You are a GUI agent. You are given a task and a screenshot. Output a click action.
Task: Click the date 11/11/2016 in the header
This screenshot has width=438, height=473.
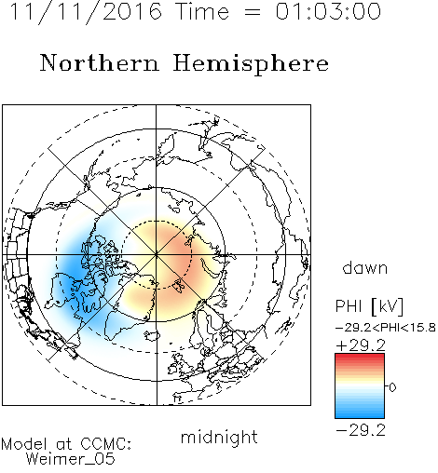coord(86,12)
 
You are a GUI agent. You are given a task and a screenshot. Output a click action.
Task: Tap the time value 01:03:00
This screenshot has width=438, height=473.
coord(328,11)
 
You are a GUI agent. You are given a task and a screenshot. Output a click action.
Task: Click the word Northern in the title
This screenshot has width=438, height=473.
coord(100,63)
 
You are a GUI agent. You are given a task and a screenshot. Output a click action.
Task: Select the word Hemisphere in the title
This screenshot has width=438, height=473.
coord(251,64)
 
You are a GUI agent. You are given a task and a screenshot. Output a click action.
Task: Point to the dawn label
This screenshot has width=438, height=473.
coord(365,268)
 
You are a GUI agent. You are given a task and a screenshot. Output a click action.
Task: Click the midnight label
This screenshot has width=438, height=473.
coord(219,437)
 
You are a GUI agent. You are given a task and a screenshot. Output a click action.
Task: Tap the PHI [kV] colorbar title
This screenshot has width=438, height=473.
coord(369,306)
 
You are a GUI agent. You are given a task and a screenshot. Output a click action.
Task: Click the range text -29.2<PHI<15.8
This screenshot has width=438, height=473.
coord(386,328)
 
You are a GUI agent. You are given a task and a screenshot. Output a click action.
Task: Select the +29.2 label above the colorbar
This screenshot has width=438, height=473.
coord(361,345)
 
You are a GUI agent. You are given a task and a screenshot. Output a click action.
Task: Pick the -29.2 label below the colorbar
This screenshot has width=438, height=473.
coord(361,430)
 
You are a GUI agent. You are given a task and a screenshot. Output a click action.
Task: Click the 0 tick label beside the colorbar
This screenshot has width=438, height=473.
coord(392,387)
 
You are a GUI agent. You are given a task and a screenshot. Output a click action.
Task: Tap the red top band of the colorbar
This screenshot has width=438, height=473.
coord(360,358)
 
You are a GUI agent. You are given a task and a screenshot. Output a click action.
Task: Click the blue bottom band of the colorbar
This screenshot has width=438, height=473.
coord(360,414)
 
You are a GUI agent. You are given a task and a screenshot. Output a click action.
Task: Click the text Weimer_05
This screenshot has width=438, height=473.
coord(71,459)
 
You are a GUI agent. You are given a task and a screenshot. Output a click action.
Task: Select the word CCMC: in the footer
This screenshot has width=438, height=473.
coord(106,444)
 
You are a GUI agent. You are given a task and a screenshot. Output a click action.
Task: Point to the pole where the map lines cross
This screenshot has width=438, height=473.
coord(157,255)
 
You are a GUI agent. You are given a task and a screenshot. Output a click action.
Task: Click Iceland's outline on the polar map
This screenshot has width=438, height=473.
coord(152,335)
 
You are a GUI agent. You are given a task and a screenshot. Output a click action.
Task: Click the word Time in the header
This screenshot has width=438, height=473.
coord(202,11)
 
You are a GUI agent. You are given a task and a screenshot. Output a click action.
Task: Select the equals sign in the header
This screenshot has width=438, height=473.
coord(253,12)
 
